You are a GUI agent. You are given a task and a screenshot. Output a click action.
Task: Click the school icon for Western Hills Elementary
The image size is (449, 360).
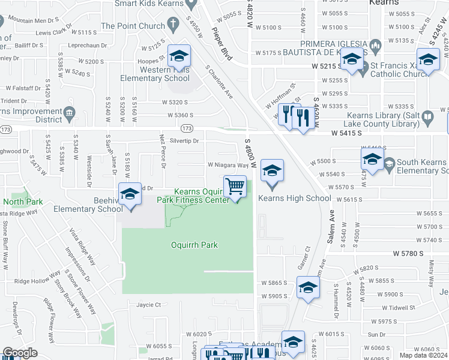tap(178, 56)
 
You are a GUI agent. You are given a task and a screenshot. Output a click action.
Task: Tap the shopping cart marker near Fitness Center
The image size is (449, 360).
tap(235, 187)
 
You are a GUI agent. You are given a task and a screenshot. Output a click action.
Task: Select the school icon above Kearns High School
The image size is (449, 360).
tap(272, 171)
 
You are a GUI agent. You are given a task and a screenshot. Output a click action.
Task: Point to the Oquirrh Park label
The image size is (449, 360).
tap(194, 245)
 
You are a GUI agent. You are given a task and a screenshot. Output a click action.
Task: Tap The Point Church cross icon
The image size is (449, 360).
tap(173, 26)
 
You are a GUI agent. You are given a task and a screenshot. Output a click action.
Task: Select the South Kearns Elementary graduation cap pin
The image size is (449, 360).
tap(372, 160)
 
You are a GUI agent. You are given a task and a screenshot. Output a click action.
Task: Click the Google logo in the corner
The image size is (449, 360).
tap(20, 353)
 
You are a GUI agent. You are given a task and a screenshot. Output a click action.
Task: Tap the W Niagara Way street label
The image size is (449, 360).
tap(228, 165)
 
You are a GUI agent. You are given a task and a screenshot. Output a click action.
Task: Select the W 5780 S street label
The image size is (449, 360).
tap(411, 254)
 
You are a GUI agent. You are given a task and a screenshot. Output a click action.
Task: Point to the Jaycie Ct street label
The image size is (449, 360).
tap(149, 305)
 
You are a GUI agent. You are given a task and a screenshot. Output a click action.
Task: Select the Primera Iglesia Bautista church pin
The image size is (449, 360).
tap(375, 45)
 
